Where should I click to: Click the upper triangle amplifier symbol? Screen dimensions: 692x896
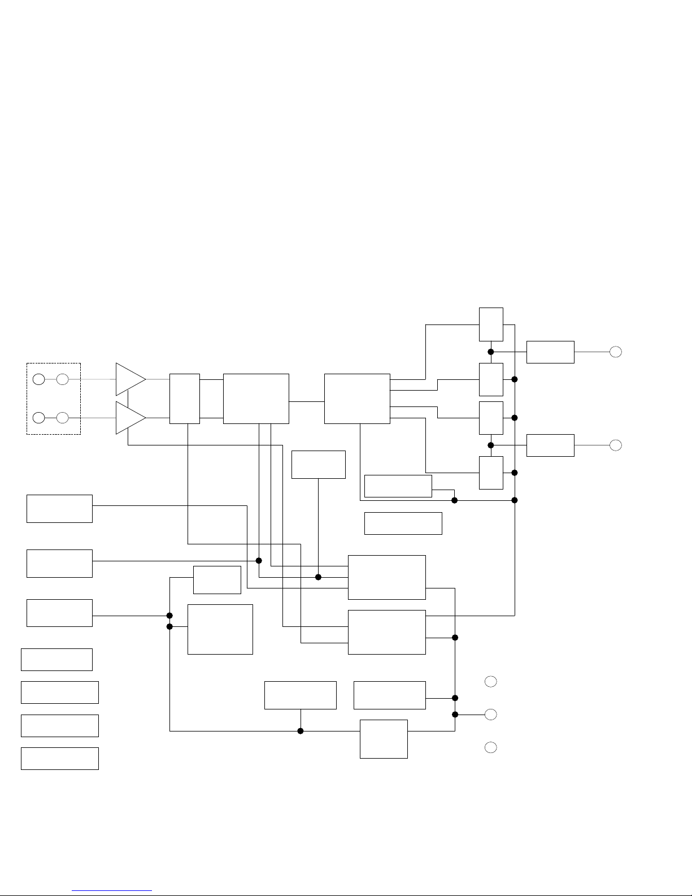tap(129, 379)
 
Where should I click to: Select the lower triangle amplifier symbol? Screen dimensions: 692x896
tap(129, 418)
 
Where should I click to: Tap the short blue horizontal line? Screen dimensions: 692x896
tap(112, 890)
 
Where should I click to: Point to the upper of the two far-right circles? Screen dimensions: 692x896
tap(616, 352)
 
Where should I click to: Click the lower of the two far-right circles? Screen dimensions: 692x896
tap(616, 445)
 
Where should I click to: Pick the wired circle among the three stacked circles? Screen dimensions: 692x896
tap(491, 715)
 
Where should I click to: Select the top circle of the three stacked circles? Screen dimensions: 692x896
tap(491, 682)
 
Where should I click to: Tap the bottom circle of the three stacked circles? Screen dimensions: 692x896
tap(491, 748)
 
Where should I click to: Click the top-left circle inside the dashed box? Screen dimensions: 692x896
tap(38, 379)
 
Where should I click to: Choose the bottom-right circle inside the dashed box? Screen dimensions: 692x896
tap(63, 418)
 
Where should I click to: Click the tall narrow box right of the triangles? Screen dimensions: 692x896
tap(185, 399)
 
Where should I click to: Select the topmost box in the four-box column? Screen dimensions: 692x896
tap(491, 324)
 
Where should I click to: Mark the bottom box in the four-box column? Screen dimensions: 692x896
tap(491, 473)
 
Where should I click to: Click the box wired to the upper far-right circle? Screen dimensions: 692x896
tap(550, 352)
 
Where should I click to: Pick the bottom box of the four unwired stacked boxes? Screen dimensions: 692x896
tap(60, 759)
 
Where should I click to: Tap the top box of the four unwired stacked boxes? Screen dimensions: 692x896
tap(56, 660)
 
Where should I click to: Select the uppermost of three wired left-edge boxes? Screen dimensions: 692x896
tap(59, 509)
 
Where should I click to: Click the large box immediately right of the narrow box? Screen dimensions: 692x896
tap(256, 399)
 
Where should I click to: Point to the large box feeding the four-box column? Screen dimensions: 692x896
tap(357, 399)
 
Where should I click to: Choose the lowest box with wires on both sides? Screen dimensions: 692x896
tap(384, 739)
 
